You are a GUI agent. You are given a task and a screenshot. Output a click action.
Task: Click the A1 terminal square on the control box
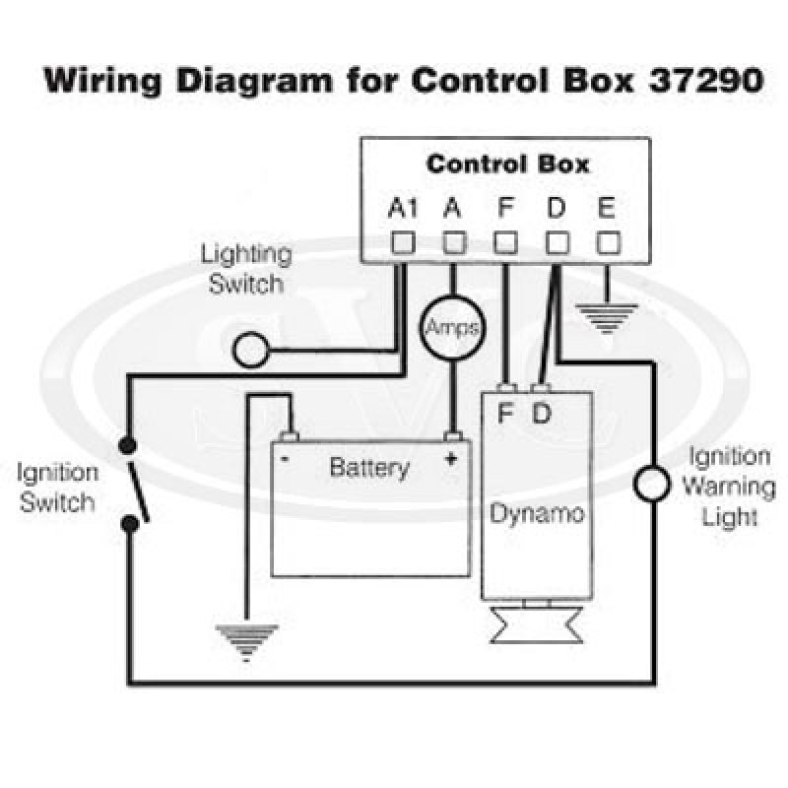403,242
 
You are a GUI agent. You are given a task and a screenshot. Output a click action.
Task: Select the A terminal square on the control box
454,242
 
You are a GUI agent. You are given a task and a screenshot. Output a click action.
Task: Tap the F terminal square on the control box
505,242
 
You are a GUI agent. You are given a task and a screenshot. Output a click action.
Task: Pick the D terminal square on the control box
558,242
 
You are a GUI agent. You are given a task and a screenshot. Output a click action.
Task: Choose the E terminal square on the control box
608,242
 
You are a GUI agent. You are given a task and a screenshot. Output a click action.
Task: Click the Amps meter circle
452,328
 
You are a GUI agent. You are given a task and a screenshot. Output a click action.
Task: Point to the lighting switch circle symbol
251,350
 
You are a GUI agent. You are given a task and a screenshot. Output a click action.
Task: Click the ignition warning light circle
652,484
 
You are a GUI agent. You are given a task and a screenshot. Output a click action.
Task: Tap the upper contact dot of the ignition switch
128,445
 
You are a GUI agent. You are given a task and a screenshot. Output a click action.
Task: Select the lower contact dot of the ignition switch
130,524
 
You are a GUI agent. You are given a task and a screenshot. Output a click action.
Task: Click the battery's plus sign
451,458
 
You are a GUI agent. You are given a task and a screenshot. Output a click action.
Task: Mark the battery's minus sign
285,458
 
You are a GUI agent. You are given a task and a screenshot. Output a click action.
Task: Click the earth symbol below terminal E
607,317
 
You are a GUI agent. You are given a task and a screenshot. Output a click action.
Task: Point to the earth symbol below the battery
246,642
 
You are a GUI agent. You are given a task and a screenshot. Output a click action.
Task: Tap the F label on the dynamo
505,413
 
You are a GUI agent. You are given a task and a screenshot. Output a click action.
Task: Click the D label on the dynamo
541,413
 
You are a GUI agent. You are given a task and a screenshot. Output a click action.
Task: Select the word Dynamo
537,514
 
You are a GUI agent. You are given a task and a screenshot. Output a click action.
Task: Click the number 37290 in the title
706,80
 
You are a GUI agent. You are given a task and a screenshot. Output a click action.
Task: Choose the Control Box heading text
507,164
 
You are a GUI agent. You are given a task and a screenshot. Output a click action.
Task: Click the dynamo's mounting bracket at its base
537,624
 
